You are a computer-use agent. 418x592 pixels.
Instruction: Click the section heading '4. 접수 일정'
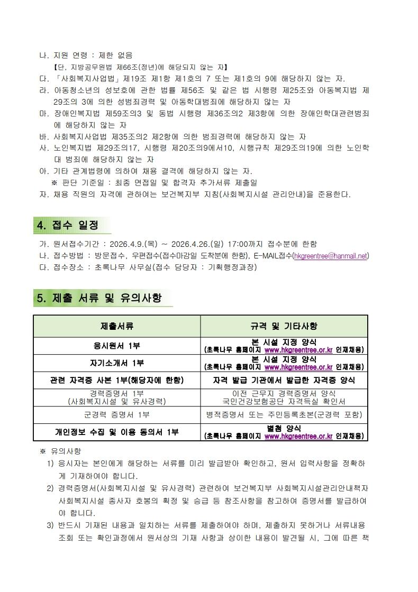67,225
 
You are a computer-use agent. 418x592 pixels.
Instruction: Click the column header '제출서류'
117,326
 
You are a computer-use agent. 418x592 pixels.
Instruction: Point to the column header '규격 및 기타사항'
284,326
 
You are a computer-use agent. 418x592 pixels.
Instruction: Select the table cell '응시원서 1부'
117,346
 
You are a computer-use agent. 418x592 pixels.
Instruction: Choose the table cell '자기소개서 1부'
117,363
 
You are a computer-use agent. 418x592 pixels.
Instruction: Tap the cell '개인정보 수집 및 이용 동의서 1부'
117,432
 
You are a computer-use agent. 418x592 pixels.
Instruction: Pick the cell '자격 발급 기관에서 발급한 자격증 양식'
284,380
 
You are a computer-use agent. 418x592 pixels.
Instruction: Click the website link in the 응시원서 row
298,350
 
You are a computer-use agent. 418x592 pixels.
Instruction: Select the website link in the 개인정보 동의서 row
298,436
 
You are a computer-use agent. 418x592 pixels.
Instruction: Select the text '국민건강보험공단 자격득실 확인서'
284,401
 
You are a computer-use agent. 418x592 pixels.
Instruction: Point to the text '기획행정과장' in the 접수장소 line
230,267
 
